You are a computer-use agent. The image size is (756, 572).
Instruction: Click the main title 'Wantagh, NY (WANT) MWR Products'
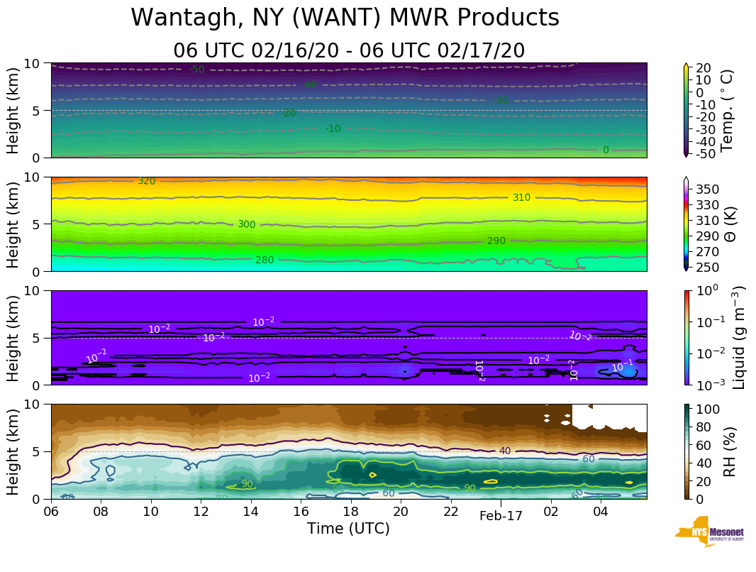(x=345, y=18)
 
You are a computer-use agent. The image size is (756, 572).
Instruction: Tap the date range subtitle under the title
(x=349, y=50)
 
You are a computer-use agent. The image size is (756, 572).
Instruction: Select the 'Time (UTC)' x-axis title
(x=348, y=529)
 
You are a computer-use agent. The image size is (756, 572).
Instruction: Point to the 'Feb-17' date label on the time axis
(x=501, y=516)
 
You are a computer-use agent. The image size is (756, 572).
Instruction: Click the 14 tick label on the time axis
(x=251, y=511)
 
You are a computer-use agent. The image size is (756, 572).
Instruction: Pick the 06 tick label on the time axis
(x=51, y=511)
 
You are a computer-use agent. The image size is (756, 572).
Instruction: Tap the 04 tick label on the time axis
(x=601, y=511)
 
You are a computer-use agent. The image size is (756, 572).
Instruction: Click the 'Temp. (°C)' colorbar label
(x=727, y=110)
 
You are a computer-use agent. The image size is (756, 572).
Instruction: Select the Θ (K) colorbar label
(x=728, y=224)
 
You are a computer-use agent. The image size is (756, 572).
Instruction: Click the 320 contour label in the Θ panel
(x=147, y=181)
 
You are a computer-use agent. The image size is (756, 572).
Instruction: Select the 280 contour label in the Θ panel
(x=265, y=260)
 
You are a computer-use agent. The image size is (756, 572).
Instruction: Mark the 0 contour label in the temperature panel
(x=606, y=150)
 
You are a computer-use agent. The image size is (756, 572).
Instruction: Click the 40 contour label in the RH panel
(x=505, y=451)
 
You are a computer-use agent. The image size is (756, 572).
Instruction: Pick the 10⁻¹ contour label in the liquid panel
(x=622, y=366)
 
